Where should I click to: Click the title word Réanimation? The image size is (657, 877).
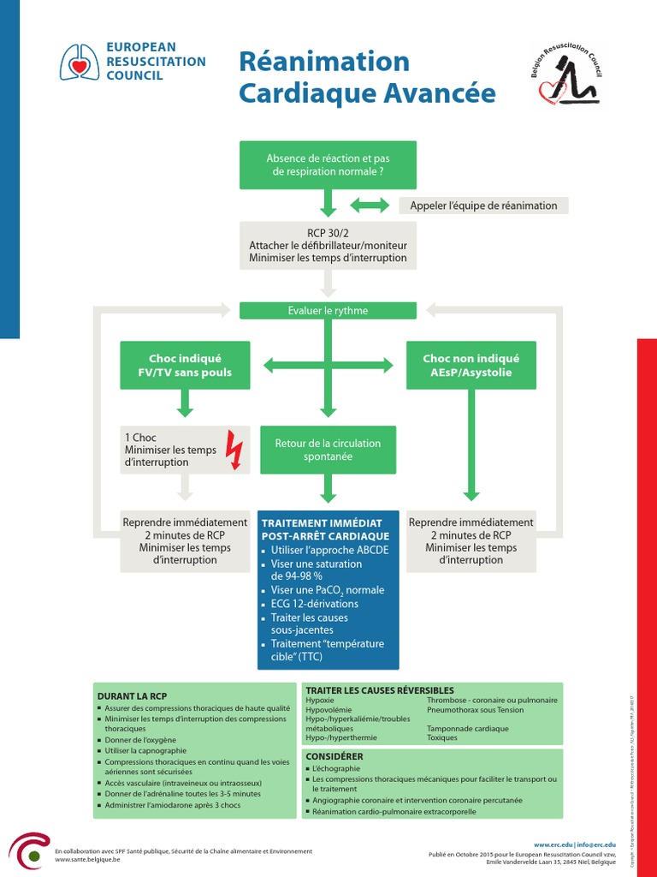[x=324, y=62]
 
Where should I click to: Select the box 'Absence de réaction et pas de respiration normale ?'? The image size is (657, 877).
[x=328, y=164]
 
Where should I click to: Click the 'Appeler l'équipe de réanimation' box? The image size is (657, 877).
[x=483, y=206]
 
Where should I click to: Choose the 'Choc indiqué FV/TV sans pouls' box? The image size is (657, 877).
[x=185, y=366]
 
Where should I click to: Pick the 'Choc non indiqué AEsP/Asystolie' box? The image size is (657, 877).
[x=471, y=366]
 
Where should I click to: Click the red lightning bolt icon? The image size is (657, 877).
[x=234, y=450]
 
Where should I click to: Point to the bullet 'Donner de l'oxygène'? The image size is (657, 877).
[x=141, y=739]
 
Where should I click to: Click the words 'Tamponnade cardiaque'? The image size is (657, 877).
[x=467, y=729]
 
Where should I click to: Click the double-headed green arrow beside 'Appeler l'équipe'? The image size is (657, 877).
[x=369, y=206]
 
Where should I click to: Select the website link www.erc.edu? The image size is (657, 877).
[x=553, y=844]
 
